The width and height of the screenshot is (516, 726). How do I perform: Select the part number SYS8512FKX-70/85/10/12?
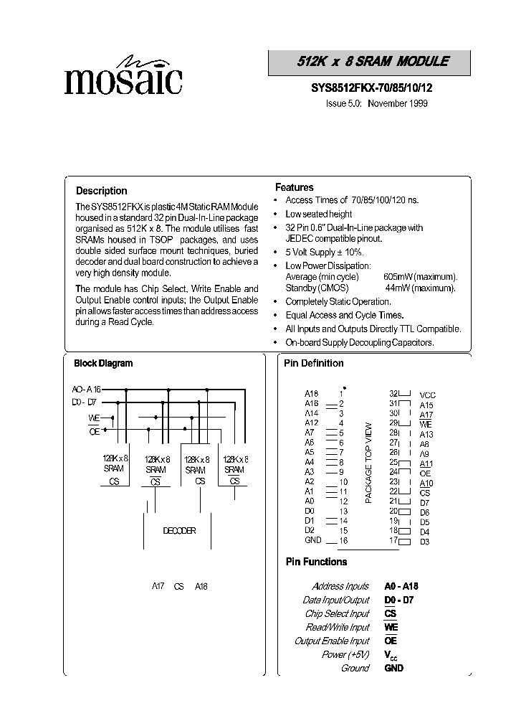[372, 88]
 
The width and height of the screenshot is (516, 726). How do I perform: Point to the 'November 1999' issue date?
[398, 103]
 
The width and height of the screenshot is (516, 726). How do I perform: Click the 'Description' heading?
[102, 191]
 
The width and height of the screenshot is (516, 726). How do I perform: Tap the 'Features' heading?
[295, 187]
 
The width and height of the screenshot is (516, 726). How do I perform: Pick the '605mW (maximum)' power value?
[420, 277]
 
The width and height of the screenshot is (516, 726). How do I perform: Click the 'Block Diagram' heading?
[103, 364]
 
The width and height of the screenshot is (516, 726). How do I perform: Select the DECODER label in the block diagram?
[178, 531]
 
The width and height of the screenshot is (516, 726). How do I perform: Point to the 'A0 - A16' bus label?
[87, 389]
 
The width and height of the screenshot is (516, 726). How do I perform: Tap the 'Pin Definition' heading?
[314, 364]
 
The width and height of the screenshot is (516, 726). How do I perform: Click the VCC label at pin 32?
[428, 395]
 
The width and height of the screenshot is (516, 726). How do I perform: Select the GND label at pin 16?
[312, 539]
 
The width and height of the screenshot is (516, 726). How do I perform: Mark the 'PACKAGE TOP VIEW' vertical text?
[368, 462]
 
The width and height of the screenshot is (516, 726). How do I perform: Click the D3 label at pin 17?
[425, 542]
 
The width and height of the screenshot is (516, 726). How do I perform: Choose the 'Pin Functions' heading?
[316, 562]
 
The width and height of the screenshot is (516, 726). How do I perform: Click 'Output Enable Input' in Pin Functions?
[332, 641]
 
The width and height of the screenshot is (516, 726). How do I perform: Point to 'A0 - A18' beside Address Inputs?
[401, 586]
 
